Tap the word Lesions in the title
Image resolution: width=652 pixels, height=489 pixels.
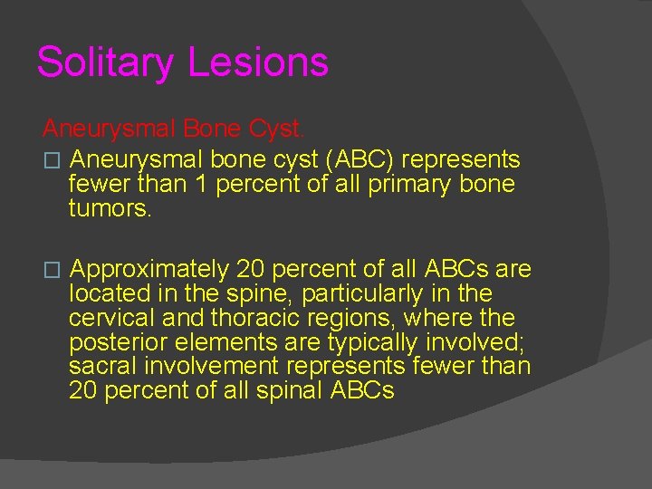pos(258,63)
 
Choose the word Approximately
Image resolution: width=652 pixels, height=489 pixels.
pos(149,270)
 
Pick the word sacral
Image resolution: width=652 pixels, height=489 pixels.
pos(100,368)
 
